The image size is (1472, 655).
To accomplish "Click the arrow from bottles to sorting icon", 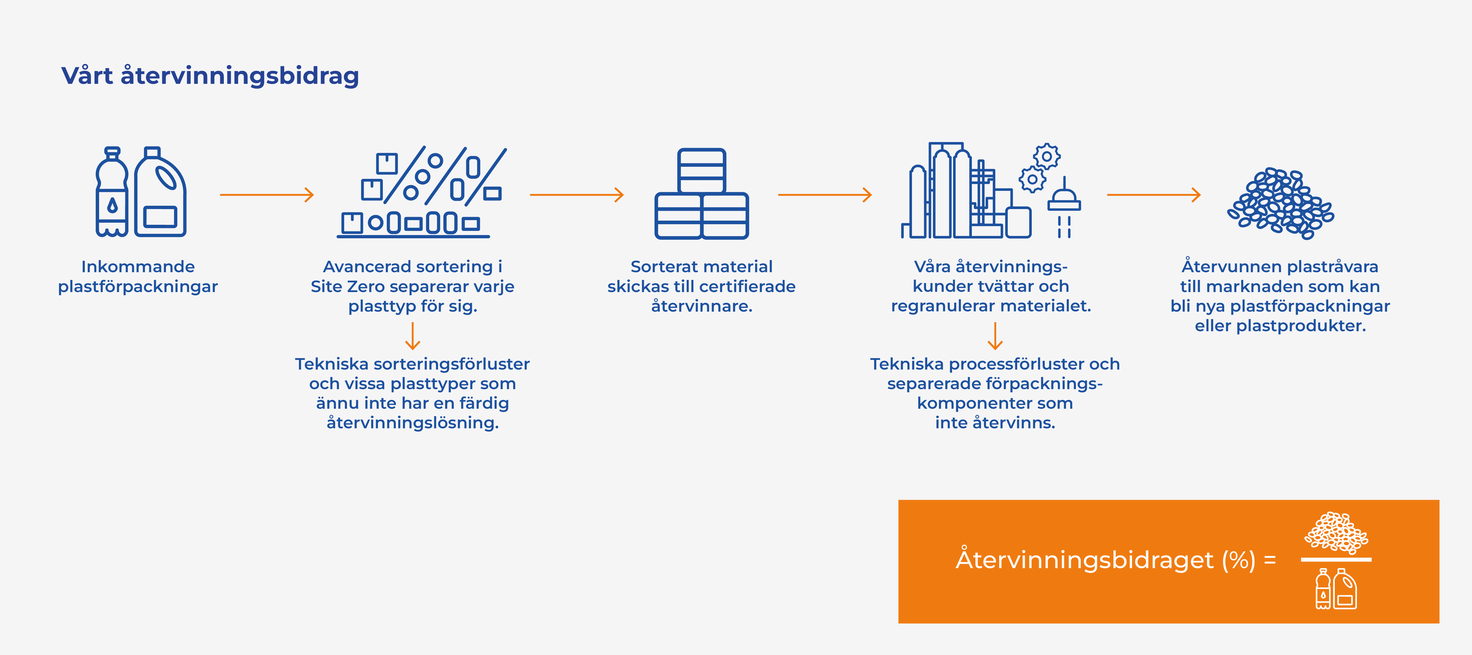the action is [x=267, y=195].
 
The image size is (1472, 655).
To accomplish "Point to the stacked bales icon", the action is [x=702, y=194].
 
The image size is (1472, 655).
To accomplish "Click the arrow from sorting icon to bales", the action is [x=577, y=195].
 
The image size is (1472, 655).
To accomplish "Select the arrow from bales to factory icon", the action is [x=824, y=195].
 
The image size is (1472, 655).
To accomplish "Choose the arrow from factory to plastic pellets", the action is [x=1154, y=195].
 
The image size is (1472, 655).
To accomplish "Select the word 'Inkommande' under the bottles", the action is [x=138, y=267].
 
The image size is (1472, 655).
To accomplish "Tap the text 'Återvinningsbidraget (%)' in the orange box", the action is [x=1106, y=560].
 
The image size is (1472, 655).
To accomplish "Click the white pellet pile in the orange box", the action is [x=1336, y=533].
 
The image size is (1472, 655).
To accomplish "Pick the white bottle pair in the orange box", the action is [x=1336, y=589].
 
